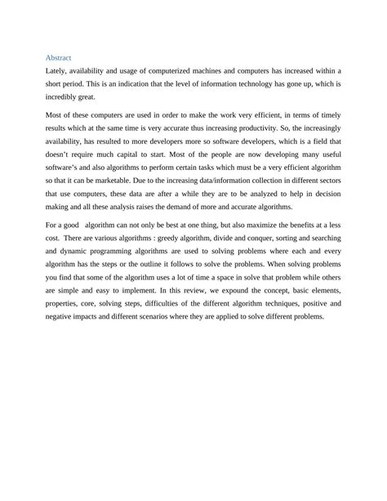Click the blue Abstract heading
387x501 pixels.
point(58,58)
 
